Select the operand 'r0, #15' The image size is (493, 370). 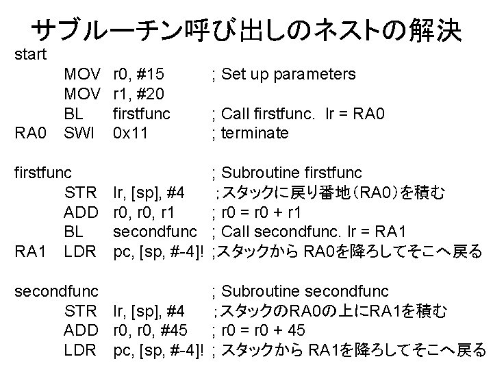point(141,73)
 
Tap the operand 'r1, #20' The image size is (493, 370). point(141,93)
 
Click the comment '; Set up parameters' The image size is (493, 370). point(284,73)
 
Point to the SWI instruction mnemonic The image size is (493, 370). point(81,133)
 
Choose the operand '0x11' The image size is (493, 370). point(132,133)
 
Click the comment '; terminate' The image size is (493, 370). point(251,133)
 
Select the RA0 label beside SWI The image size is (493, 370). point(30,133)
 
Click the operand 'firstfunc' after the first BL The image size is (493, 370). point(141,113)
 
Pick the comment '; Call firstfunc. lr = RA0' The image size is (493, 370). point(299,113)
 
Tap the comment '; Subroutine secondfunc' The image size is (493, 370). point(301,291)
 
